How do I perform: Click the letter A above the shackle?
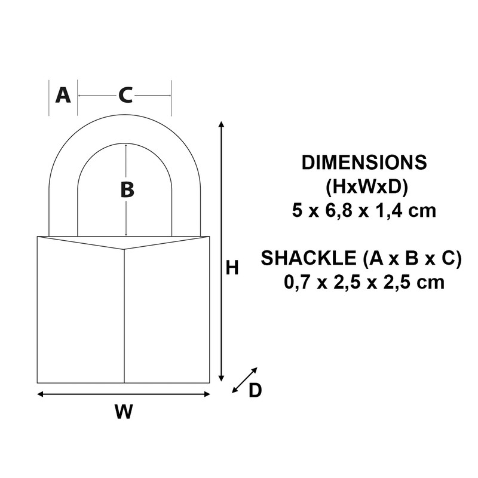(63, 95)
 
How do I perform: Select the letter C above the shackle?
(125, 95)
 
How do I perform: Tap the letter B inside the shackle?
(127, 190)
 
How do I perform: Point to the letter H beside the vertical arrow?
(232, 268)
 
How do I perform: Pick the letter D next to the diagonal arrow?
(255, 390)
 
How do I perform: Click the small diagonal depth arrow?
(244, 380)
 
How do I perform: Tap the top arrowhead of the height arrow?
(222, 124)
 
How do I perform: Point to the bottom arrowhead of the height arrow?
(222, 378)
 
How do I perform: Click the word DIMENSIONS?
(364, 163)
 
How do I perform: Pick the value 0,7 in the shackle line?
(297, 281)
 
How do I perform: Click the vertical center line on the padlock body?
(124, 317)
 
